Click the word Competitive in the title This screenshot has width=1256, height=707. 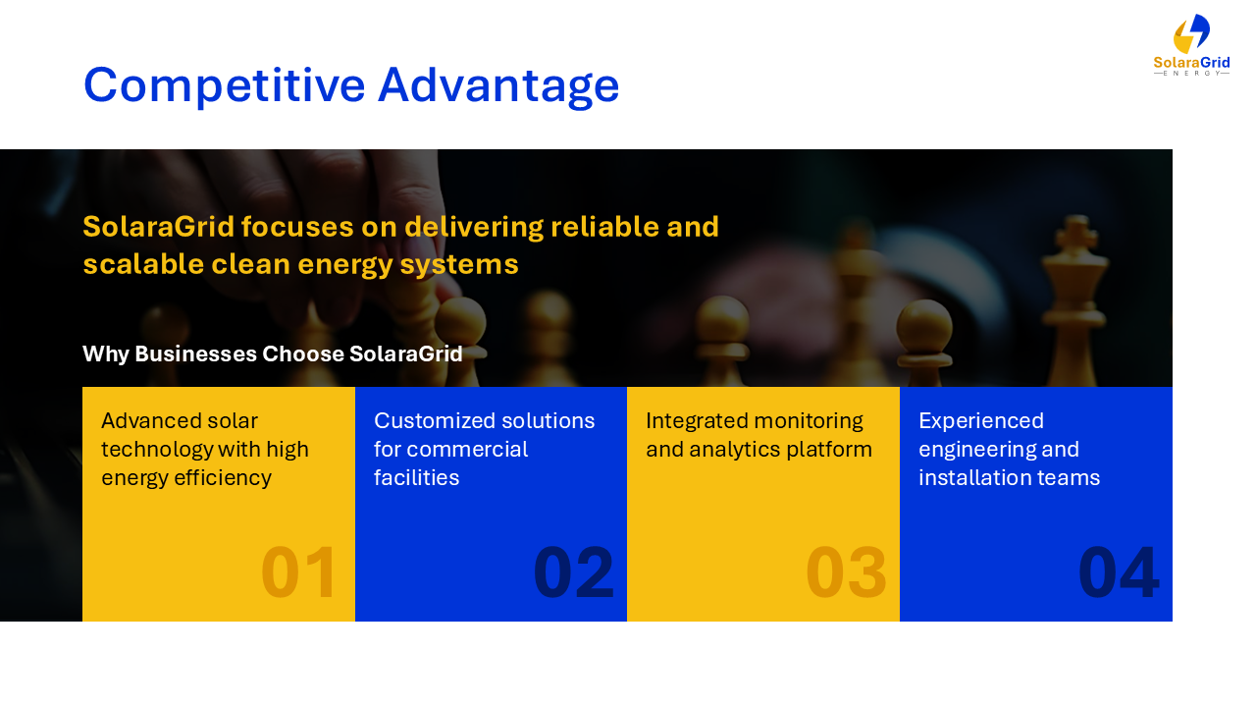(225, 85)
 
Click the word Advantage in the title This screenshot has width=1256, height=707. (498, 85)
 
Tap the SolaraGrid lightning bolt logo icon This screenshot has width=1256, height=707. (1191, 33)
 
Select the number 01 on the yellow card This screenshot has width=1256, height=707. (298, 572)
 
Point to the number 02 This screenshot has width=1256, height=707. (573, 572)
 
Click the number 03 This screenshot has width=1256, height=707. (846, 572)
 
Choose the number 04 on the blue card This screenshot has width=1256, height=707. (1119, 572)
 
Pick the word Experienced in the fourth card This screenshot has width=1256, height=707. (981, 421)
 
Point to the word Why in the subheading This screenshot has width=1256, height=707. (106, 354)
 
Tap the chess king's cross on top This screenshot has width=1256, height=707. (1075, 231)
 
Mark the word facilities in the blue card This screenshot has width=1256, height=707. (417, 478)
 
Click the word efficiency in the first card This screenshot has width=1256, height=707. (223, 478)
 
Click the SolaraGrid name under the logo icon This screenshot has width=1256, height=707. (1191, 62)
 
